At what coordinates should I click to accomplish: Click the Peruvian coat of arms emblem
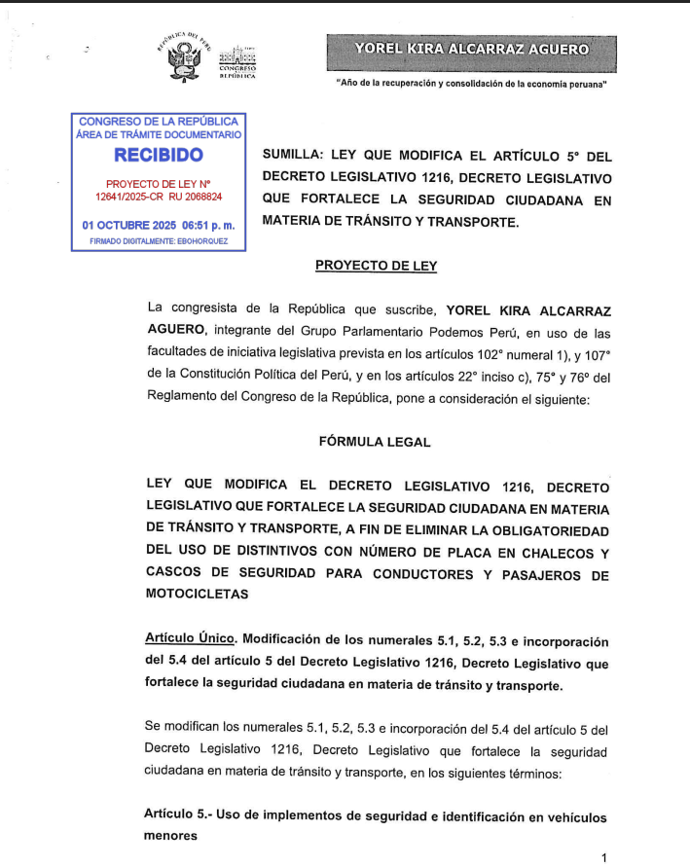[184, 61]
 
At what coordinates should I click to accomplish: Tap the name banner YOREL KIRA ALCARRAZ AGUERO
[472, 49]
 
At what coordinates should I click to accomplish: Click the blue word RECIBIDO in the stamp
[159, 156]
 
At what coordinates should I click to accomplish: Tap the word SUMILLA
[293, 156]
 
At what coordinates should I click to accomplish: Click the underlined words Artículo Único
[190, 640]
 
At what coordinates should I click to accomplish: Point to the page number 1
[604, 857]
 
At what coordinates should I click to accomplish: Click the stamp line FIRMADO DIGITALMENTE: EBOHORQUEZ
[159, 240]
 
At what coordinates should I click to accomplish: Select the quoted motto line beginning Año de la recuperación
[471, 85]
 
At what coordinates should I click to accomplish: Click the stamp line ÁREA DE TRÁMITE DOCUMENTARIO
[159, 135]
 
